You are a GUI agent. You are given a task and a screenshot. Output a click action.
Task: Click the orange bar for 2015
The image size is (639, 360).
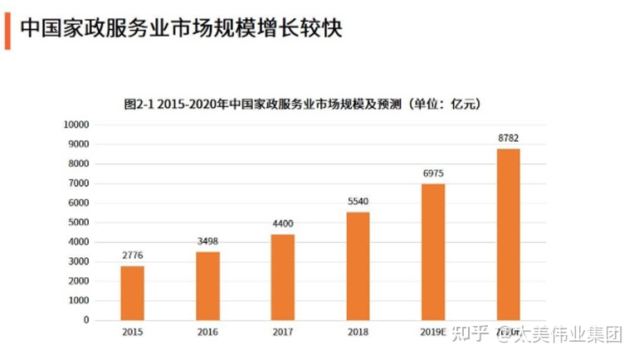click(132, 293)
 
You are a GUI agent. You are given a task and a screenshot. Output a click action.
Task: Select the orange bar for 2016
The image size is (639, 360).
click(207, 285)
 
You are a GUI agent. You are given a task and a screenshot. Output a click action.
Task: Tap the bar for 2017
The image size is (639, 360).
click(282, 277)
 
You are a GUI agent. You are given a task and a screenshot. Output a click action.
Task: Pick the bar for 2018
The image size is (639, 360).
click(358, 265)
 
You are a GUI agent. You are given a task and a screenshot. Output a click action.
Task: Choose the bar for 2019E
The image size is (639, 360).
click(433, 251)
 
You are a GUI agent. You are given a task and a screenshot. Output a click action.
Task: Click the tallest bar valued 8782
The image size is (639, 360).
click(508, 234)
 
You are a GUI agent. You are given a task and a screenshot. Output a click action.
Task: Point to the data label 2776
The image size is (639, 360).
click(132, 256)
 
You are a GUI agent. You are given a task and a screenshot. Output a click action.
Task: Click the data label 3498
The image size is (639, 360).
click(207, 242)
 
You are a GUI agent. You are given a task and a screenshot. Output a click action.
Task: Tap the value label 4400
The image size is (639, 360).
click(282, 225)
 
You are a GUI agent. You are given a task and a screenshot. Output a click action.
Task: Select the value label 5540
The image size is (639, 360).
click(358, 202)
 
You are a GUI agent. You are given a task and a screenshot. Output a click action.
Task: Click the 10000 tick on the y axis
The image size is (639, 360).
click(76, 124)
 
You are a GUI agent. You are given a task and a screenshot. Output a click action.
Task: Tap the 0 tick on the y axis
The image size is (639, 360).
click(85, 320)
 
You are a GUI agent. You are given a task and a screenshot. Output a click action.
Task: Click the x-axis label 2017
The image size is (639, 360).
click(282, 332)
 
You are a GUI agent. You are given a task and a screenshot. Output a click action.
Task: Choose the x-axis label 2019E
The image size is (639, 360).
click(433, 332)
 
